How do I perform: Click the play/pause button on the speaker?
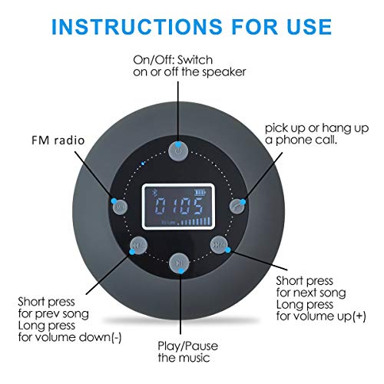point(178,263)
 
